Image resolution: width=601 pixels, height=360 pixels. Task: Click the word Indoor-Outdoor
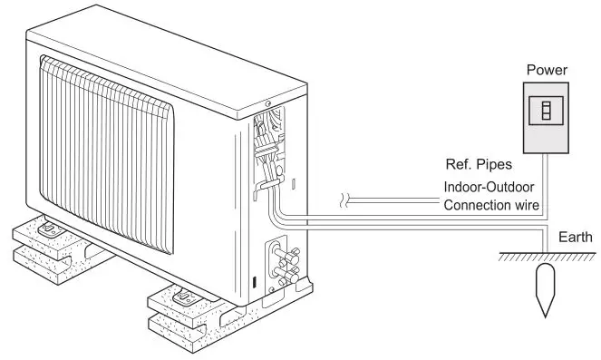[x=491, y=187]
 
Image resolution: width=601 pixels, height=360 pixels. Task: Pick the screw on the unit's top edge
[x=269, y=102]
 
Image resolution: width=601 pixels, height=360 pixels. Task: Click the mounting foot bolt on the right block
[x=181, y=292]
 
